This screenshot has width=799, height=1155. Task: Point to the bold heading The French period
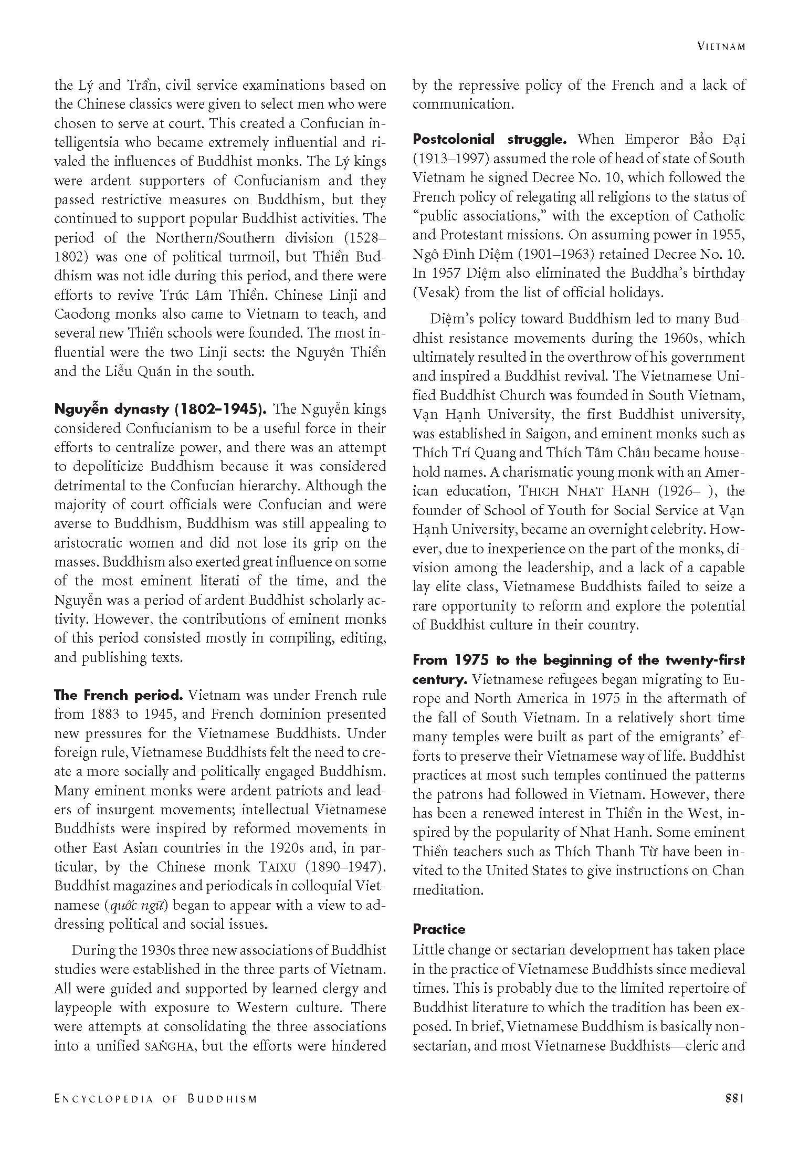click(x=118, y=696)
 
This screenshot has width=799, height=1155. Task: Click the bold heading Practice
click(x=439, y=930)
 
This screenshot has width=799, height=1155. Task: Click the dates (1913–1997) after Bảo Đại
click(x=450, y=159)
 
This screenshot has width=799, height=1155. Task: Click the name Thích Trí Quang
click(x=462, y=453)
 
